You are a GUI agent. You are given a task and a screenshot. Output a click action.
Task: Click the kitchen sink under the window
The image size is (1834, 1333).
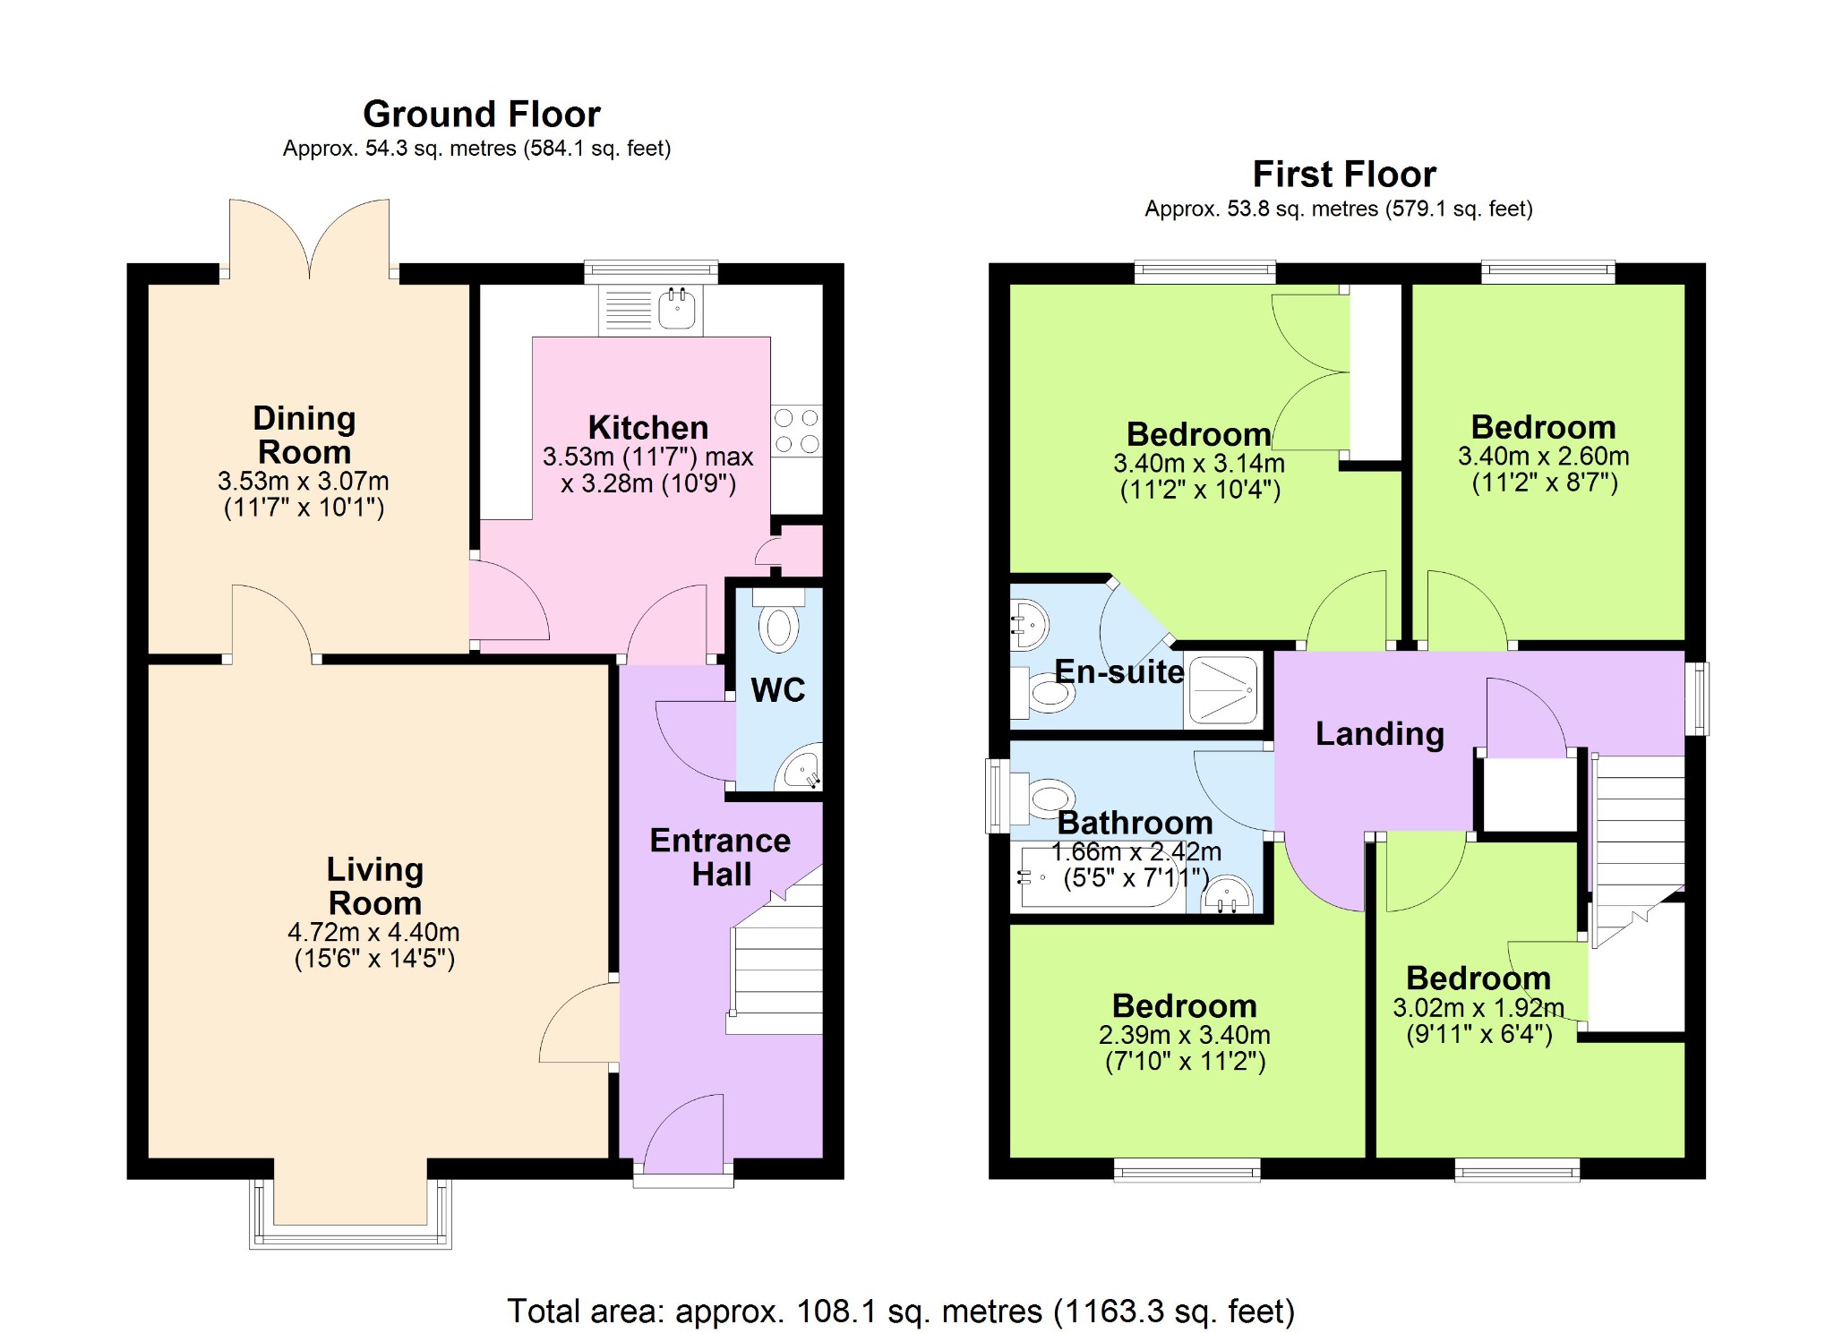click(651, 309)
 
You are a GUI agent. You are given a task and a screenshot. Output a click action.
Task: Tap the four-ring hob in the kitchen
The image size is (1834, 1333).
click(797, 431)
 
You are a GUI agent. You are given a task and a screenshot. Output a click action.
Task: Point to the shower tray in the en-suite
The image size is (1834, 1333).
click(1222, 689)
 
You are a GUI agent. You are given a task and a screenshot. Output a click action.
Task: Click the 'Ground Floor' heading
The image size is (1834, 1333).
click(482, 115)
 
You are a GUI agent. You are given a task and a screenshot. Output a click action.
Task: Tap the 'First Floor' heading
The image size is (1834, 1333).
click(1344, 175)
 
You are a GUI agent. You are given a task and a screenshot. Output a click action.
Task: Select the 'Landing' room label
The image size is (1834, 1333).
click(1380, 734)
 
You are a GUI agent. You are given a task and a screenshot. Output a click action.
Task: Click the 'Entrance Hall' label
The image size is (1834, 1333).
click(721, 858)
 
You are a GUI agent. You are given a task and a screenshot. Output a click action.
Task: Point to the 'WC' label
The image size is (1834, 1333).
click(778, 690)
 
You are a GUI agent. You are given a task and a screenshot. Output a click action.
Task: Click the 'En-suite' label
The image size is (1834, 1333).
click(1119, 671)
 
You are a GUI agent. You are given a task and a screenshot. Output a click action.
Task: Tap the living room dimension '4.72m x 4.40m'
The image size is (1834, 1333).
click(373, 932)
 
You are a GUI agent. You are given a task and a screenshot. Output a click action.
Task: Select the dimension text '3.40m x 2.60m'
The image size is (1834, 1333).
click(1544, 457)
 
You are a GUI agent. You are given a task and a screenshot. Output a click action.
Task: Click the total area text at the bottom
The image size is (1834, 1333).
click(901, 1312)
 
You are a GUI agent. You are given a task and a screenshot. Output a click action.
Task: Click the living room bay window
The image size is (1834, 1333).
click(350, 1213)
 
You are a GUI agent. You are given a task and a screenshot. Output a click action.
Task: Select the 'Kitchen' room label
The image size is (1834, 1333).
click(648, 428)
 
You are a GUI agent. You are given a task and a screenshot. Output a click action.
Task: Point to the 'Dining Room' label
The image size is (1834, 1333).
click(304, 435)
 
